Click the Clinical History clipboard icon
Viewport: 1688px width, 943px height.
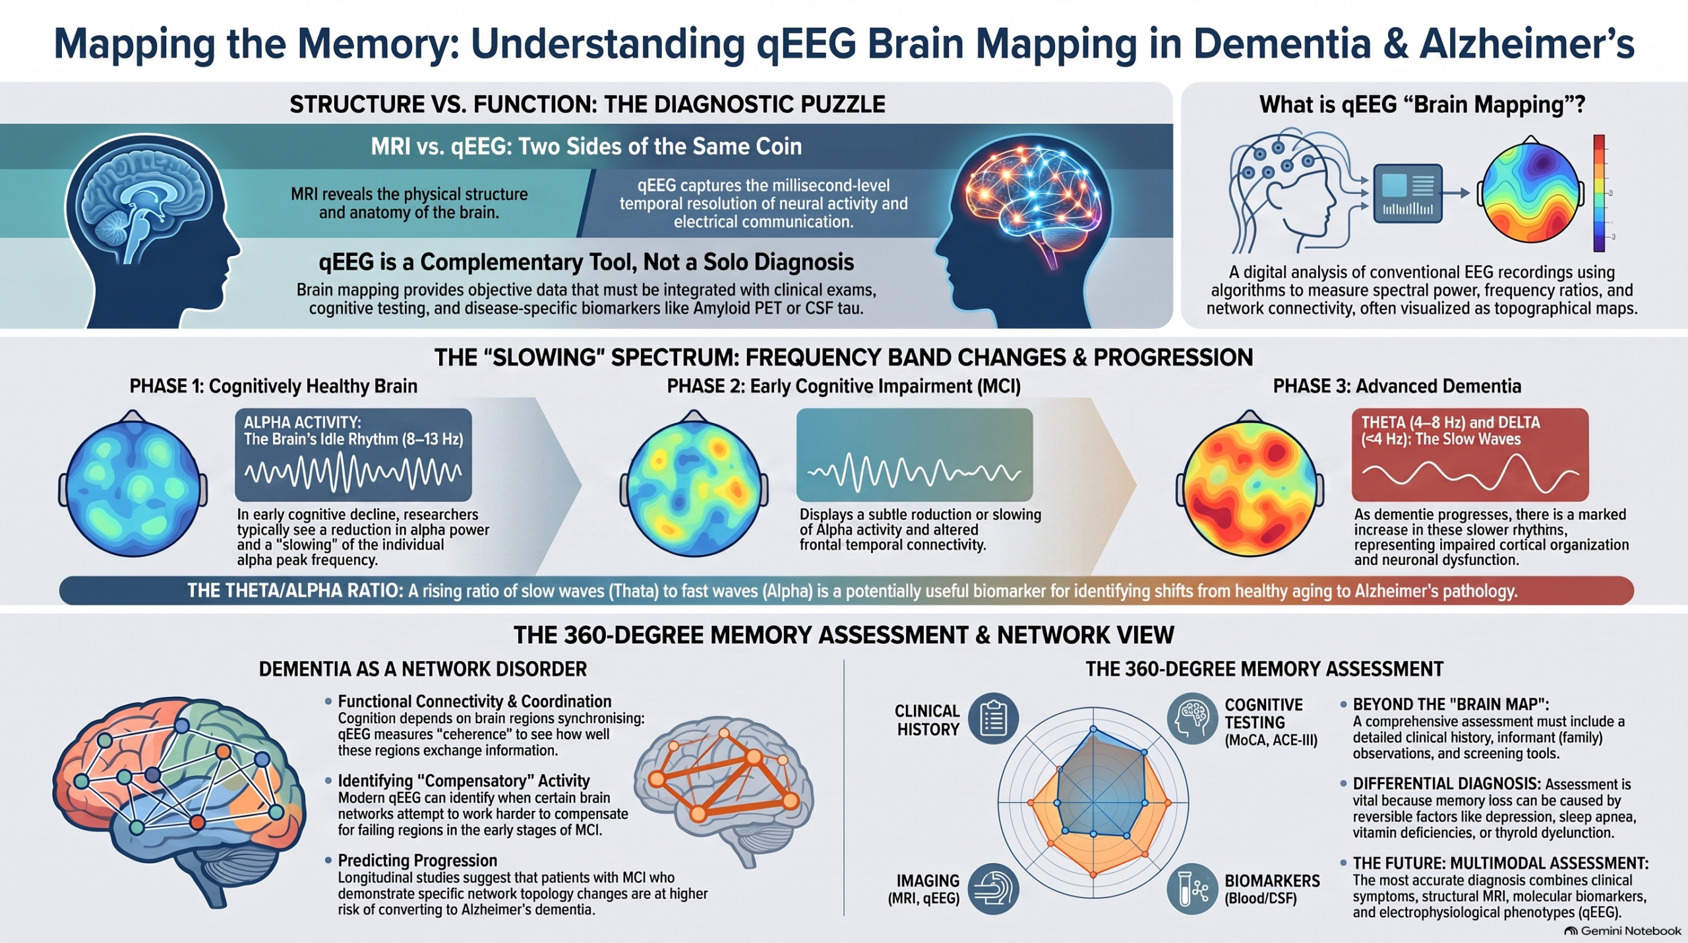pyautogui.click(x=993, y=719)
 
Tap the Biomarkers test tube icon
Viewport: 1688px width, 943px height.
pyautogui.click(x=1192, y=889)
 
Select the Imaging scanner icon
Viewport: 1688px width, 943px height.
pyautogui.click(x=993, y=889)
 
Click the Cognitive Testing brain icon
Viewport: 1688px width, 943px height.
pyautogui.click(x=1192, y=719)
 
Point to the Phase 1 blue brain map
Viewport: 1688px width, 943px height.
pyautogui.click(x=133, y=484)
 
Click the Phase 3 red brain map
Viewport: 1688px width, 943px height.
pyautogui.click(x=1250, y=484)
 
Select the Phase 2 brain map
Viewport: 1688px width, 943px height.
pyautogui.click(x=694, y=484)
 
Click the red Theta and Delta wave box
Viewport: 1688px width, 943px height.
pyautogui.click(x=1470, y=455)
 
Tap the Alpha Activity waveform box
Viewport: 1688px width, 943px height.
pyautogui.click(x=353, y=455)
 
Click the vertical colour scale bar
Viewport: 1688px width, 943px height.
pyautogui.click(x=1599, y=193)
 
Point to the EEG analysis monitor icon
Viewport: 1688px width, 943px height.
pyautogui.click(x=1408, y=193)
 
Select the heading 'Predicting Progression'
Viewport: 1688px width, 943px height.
pyautogui.click(x=417, y=861)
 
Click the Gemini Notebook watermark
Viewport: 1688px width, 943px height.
pyautogui.click(x=1623, y=930)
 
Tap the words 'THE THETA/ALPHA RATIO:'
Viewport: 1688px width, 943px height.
pyautogui.click(x=295, y=590)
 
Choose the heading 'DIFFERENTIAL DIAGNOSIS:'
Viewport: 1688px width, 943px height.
pyautogui.click(x=1447, y=783)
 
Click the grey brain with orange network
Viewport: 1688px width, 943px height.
pyautogui.click(x=724, y=791)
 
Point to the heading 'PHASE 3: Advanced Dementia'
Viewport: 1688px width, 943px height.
pyautogui.click(x=1397, y=386)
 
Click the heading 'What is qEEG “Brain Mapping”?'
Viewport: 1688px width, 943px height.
pyautogui.click(x=1422, y=104)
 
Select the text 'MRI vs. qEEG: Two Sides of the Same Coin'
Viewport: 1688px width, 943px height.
pyautogui.click(x=586, y=146)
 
